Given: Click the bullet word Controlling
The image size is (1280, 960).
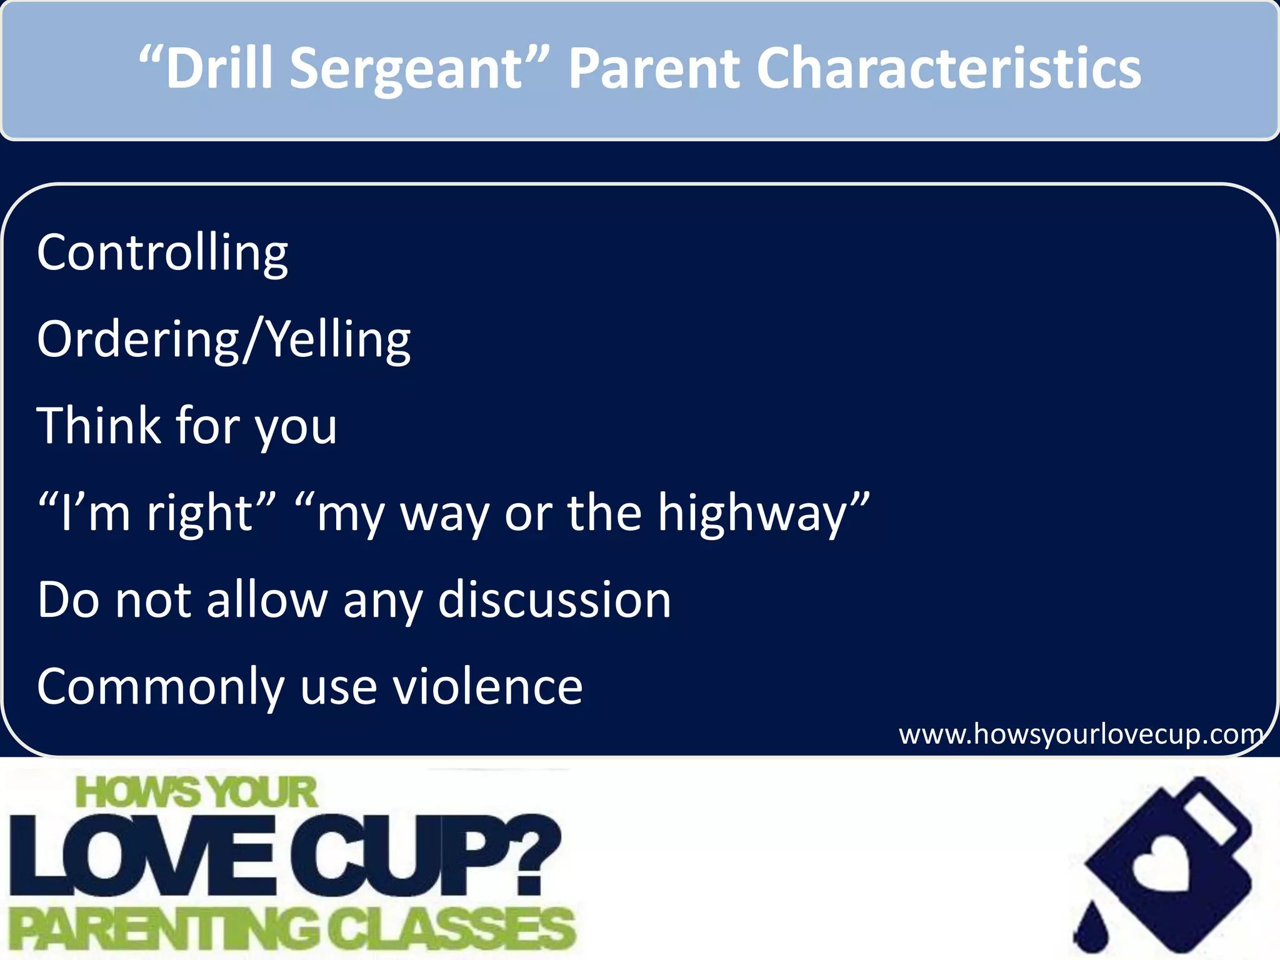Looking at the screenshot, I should click(x=162, y=253).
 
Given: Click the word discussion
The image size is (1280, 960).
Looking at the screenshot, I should click(x=554, y=600).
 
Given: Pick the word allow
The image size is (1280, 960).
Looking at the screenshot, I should click(x=267, y=600).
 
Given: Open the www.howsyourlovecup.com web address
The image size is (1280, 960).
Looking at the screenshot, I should click(x=1080, y=734).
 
